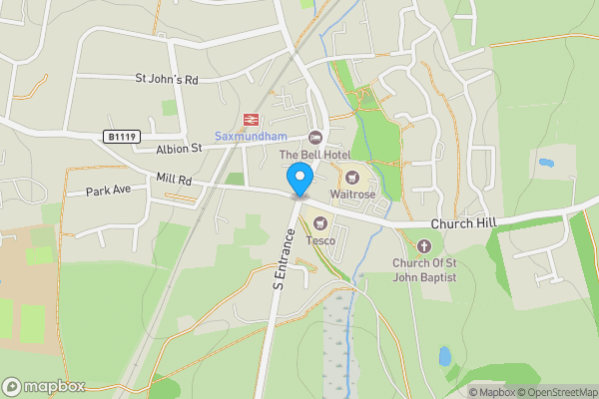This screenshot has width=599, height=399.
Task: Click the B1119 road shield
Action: (119, 136)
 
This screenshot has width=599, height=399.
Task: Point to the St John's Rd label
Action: (168, 78)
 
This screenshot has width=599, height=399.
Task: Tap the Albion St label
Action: (179, 149)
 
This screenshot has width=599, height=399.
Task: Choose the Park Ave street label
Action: (109, 191)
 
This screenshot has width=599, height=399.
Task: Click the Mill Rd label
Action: (175, 181)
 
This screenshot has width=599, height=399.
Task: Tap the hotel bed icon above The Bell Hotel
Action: (315, 138)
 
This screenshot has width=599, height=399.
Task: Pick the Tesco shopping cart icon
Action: (319, 223)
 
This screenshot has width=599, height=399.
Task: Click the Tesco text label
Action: (319, 239)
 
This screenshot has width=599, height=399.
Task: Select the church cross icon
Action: (423, 245)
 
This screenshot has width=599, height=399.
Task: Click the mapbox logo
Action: (45, 386)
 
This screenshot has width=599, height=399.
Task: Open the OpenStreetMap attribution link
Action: (557, 392)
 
